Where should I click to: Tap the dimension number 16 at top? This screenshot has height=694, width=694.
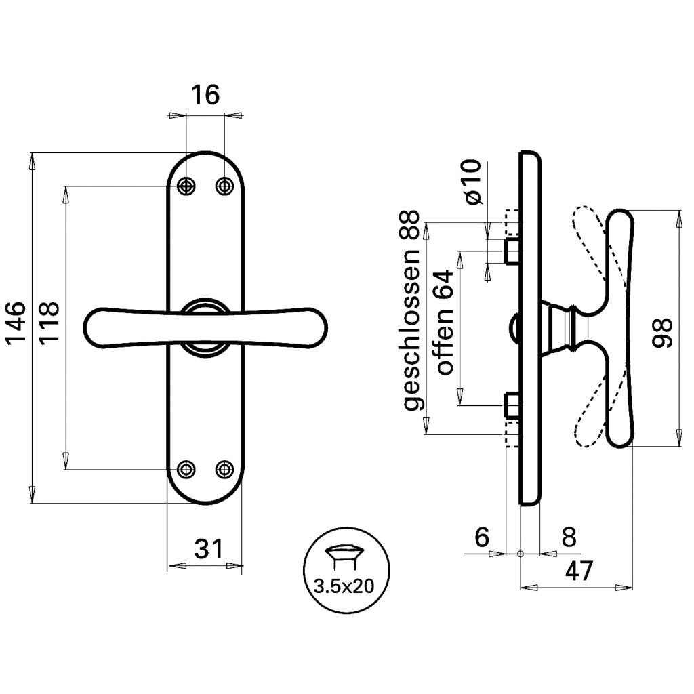pyautogui.click(x=205, y=95)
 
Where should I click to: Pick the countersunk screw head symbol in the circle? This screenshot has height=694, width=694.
pyautogui.click(x=344, y=556)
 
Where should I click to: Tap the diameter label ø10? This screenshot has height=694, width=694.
pyautogui.click(x=472, y=183)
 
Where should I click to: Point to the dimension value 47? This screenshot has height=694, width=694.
pyautogui.click(x=579, y=572)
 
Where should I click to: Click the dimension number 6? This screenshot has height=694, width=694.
pyautogui.click(x=482, y=537)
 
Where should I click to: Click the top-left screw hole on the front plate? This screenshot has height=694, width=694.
pyautogui.click(x=186, y=186)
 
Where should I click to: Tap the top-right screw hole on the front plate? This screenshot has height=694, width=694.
pyautogui.click(x=224, y=186)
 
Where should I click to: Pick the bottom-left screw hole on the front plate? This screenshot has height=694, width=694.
pyautogui.click(x=186, y=469)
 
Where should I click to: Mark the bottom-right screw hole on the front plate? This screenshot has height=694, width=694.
pyautogui.click(x=224, y=469)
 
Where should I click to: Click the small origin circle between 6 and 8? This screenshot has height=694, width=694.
pyautogui.click(x=520, y=554)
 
